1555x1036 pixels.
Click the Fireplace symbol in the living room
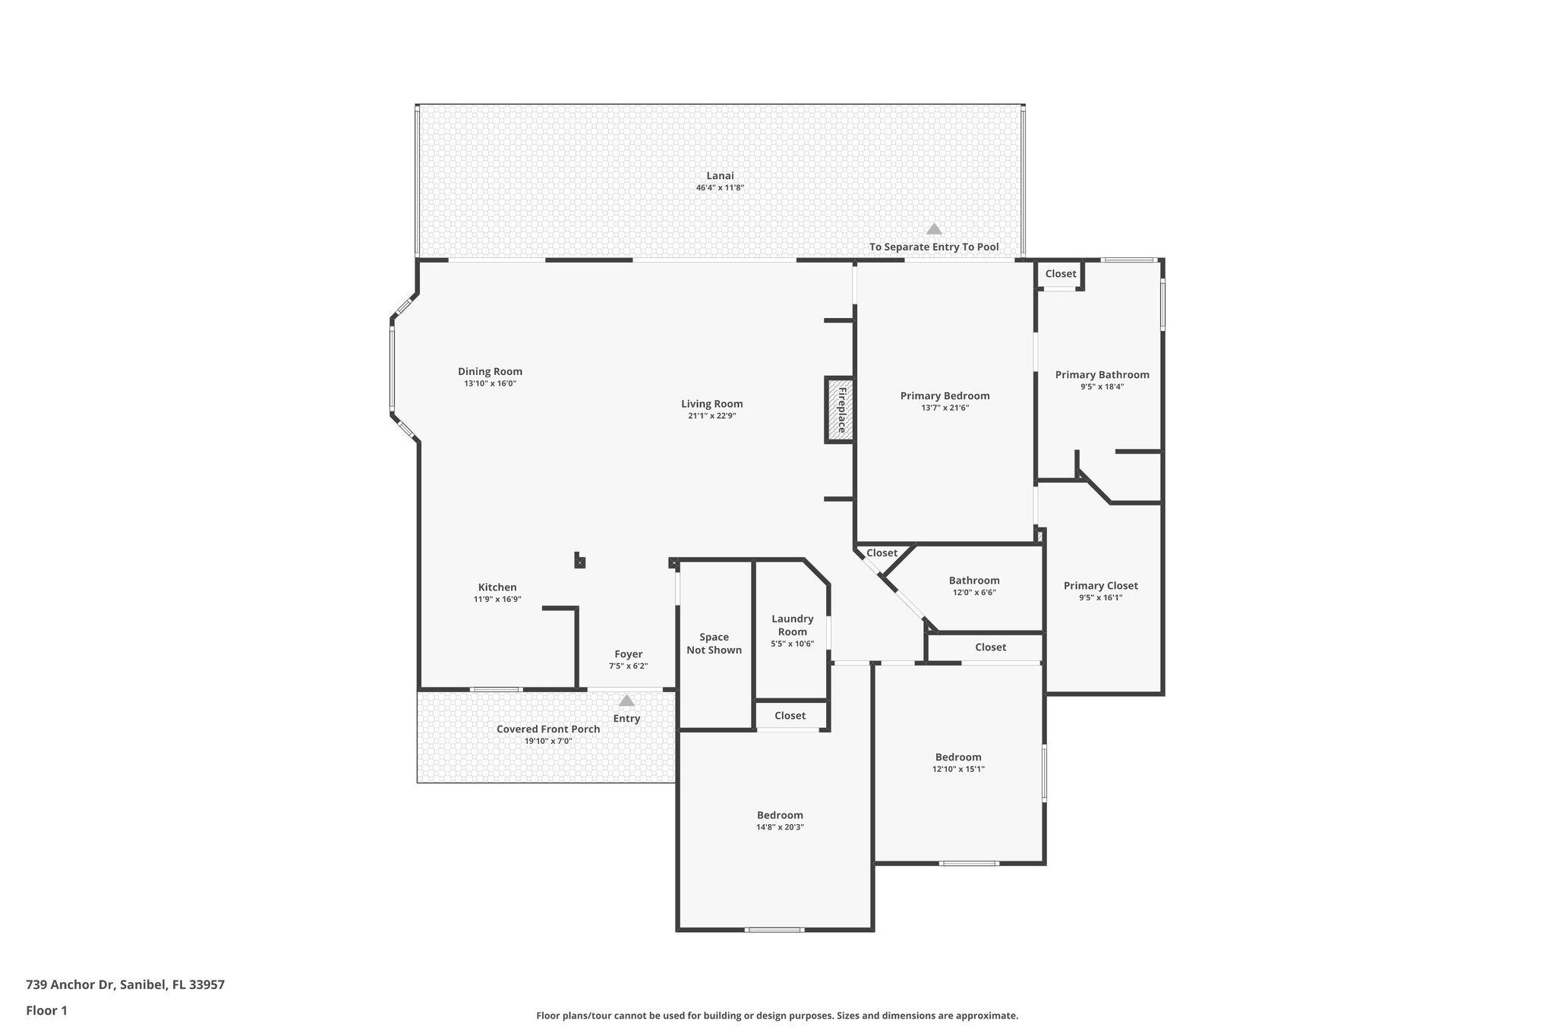[840, 410]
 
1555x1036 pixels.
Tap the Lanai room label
[720, 175]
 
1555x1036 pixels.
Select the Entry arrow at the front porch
[626, 701]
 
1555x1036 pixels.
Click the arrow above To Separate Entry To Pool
[934, 229]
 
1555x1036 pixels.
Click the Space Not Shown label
[714, 643]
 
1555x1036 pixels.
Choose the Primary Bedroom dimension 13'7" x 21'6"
[945, 408]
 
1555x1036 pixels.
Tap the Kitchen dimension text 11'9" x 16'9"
[497, 599]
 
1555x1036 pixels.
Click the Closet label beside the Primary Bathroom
[1060, 273]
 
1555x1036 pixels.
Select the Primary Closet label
[1100, 585]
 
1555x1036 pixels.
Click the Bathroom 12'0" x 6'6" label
[973, 581]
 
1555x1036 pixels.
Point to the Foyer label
[628, 653]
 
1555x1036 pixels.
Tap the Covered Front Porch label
[547, 729]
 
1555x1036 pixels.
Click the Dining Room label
[490, 371]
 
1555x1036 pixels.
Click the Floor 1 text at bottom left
[46, 1010]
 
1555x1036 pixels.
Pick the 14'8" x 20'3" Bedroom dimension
[780, 827]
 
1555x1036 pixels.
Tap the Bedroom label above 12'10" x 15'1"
[957, 757]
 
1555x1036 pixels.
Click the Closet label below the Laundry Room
[790, 715]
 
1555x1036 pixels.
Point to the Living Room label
[711, 404]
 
